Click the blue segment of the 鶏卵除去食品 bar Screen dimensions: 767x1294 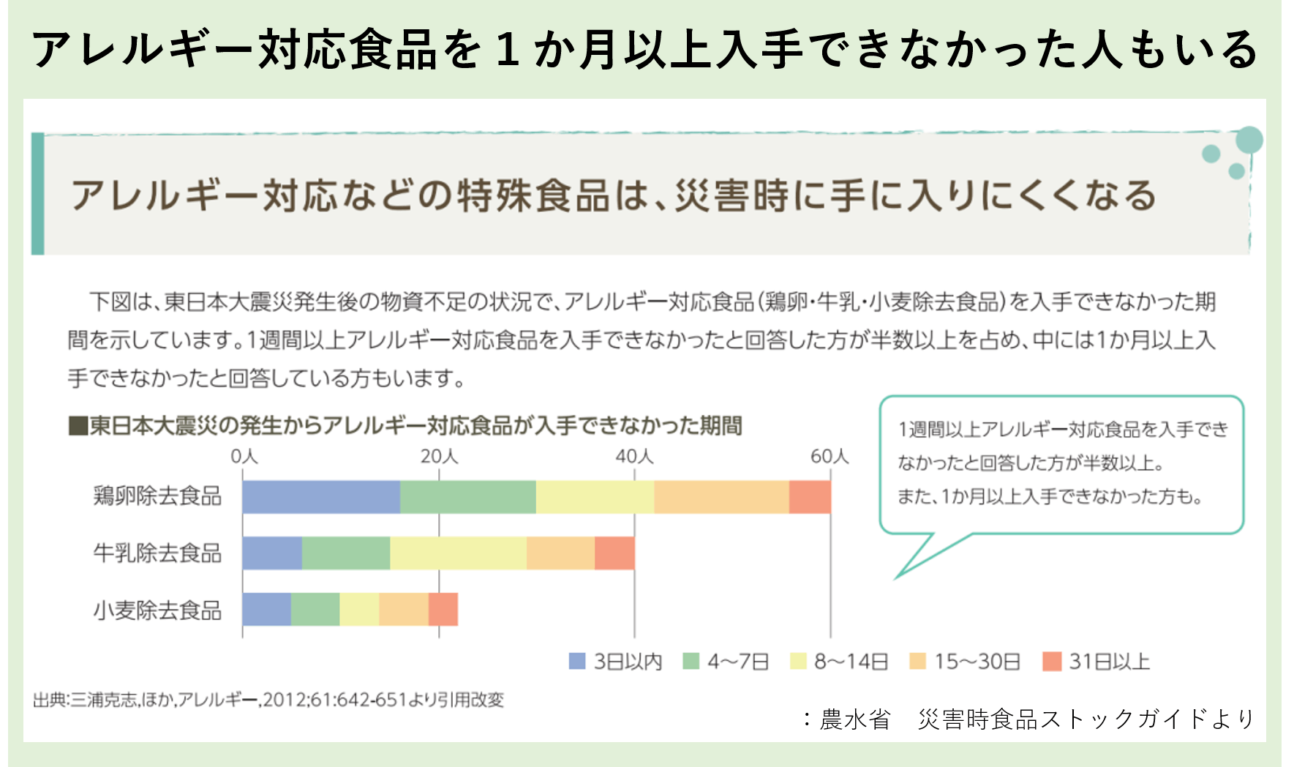(x=321, y=497)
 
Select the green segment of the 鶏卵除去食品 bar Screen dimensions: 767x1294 (x=468, y=497)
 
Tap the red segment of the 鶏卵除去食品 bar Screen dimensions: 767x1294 (x=810, y=497)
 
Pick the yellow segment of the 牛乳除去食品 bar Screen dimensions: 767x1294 (x=458, y=553)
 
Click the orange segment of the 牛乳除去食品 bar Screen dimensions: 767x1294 (x=560, y=553)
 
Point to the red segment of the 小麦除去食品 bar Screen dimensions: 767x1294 (x=443, y=610)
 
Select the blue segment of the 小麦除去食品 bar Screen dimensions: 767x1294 (x=267, y=610)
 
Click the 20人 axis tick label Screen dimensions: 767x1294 (x=439, y=457)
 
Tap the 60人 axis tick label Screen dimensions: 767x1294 (x=830, y=457)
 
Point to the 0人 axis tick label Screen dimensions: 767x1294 (x=244, y=457)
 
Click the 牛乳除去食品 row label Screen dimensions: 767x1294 (x=157, y=553)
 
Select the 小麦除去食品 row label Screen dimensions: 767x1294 (x=157, y=610)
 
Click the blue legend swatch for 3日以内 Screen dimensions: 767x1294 (x=577, y=662)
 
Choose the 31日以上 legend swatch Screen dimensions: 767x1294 (x=1051, y=662)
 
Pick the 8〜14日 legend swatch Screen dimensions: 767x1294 (x=798, y=662)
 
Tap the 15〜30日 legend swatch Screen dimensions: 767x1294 (x=917, y=662)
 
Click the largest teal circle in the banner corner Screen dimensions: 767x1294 (x=1249, y=140)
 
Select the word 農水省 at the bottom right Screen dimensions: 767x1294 (x=854, y=719)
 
